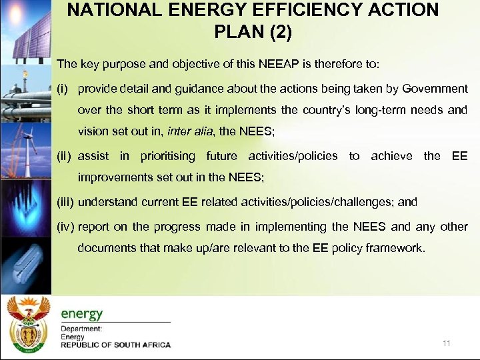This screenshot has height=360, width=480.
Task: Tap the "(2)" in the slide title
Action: pos(276,32)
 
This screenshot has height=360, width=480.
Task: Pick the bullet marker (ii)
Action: pos(64,156)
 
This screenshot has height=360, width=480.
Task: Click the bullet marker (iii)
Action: pos(65,201)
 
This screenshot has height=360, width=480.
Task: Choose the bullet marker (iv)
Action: pos(65,226)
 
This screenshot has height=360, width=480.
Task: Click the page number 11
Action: pos(446,343)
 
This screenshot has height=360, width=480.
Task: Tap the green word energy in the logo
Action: pos(82,313)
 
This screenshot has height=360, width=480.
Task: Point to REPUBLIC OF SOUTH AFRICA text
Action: pos(115,345)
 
